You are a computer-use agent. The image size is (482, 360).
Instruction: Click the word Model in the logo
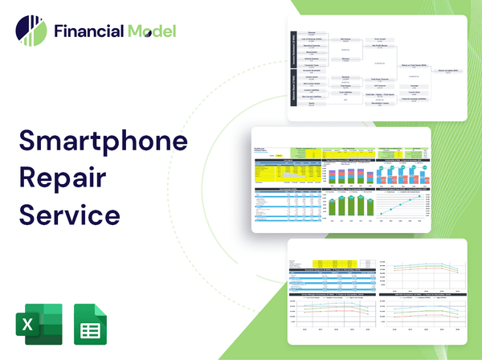click(x=150, y=31)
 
